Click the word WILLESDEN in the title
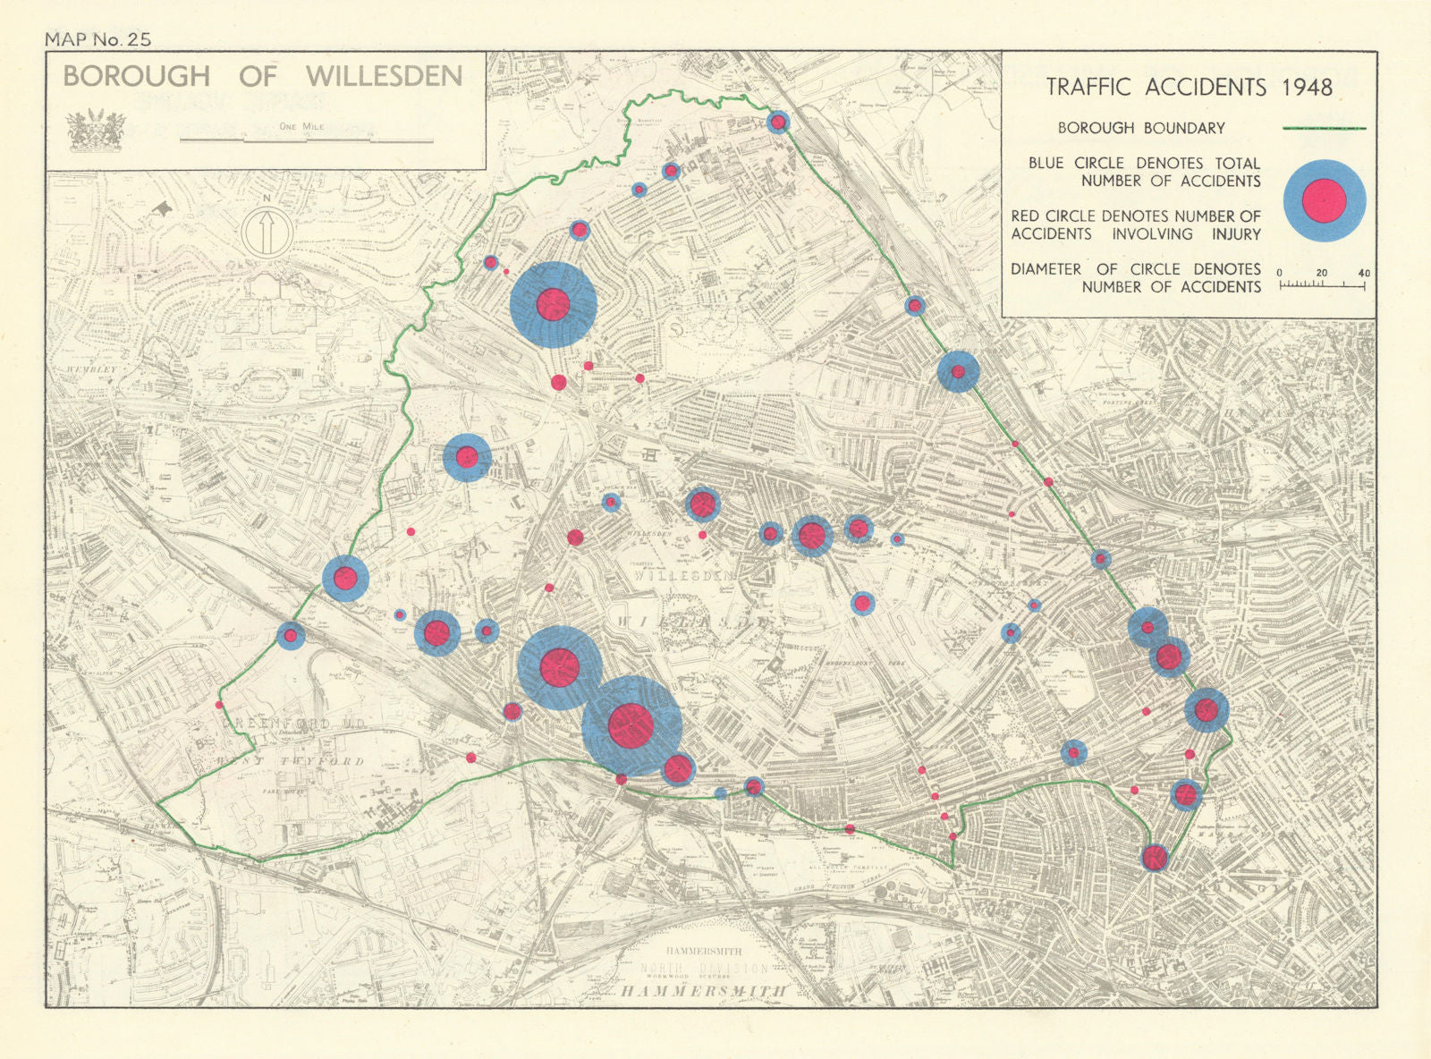pos(385,76)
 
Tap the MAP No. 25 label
pos(97,38)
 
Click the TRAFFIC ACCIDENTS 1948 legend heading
pos(1190,87)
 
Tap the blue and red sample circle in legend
pos(1325,200)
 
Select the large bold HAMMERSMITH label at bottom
pos(704,991)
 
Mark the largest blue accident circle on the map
pos(632,724)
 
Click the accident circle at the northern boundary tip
pos(778,123)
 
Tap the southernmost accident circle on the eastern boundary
pos(1155,858)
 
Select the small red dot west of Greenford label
pos(218,705)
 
